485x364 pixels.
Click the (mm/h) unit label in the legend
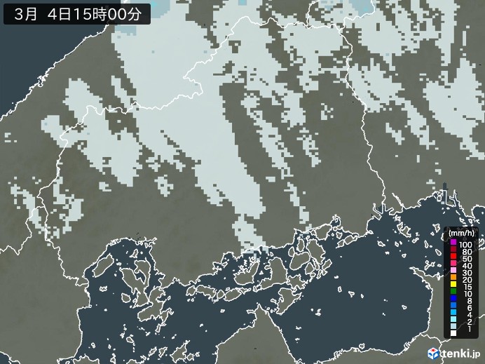461,232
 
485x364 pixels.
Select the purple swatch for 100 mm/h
453,242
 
